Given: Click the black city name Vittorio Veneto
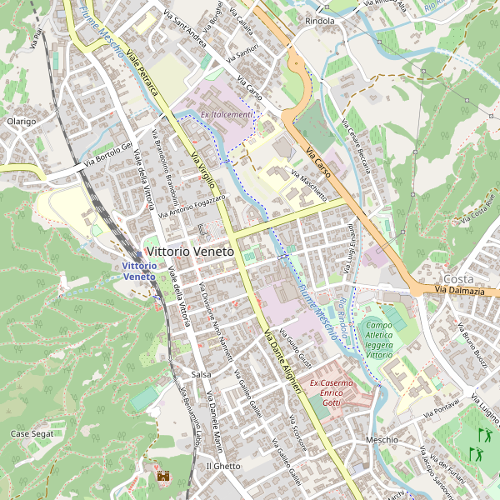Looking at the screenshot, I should point(191,250).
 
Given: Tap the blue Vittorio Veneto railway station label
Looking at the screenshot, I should point(138,270).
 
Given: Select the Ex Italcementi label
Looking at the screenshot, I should point(227,114).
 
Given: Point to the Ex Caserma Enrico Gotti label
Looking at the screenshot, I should point(332,392).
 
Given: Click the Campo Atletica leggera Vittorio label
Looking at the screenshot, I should point(378,340).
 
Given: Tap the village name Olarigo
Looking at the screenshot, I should point(21,122).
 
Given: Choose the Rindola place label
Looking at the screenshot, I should point(320,21).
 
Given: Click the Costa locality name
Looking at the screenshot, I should point(458,277).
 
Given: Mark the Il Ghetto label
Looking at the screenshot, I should point(222,466).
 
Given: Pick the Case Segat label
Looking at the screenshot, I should point(32,434).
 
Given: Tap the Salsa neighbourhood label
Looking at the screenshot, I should point(201,374).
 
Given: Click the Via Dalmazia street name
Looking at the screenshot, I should point(459,290).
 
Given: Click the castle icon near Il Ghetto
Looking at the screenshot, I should point(163,476).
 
